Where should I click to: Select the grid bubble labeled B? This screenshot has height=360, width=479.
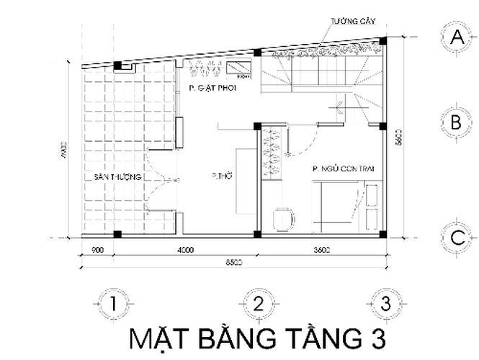click(455, 123)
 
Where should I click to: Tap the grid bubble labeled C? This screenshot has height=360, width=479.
click(455, 237)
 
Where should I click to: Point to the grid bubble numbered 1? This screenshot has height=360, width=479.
click(112, 304)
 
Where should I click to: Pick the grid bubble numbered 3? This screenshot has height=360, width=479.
click(387, 304)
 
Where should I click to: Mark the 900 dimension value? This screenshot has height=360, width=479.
click(99, 251)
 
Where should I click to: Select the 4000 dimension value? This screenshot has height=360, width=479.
click(185, 251)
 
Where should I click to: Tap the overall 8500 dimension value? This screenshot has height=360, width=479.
click(231, 263)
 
